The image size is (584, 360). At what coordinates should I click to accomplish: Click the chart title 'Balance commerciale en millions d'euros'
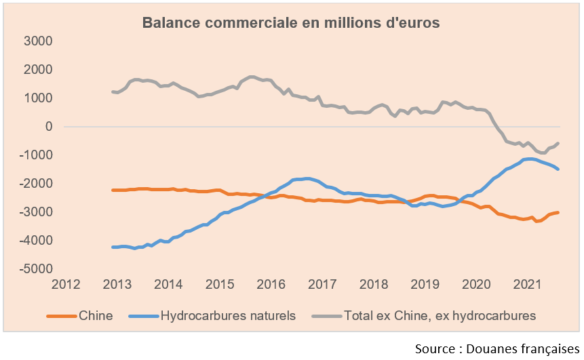coord(291,23)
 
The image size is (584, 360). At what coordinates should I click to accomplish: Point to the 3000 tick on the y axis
coord(39,41)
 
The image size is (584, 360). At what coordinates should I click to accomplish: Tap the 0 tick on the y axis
coord(48,127)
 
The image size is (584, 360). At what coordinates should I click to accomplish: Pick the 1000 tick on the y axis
coord(39,98)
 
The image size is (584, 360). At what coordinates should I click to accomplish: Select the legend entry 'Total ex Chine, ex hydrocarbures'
coord(440,315)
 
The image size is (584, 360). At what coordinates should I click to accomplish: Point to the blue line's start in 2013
coord(113,247)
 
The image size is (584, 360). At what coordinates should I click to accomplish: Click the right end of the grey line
coord(558,143)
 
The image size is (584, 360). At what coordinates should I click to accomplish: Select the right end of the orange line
coord(558,212)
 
